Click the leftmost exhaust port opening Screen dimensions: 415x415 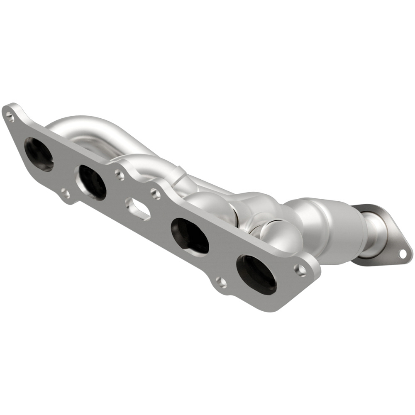(39, 154)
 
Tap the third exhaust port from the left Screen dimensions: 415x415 (190, 235)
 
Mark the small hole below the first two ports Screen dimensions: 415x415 (65, 193)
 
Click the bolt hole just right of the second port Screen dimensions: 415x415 (120, 175)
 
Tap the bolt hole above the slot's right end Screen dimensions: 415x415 (155, 193)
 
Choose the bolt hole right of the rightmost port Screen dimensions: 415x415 (300, 270)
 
